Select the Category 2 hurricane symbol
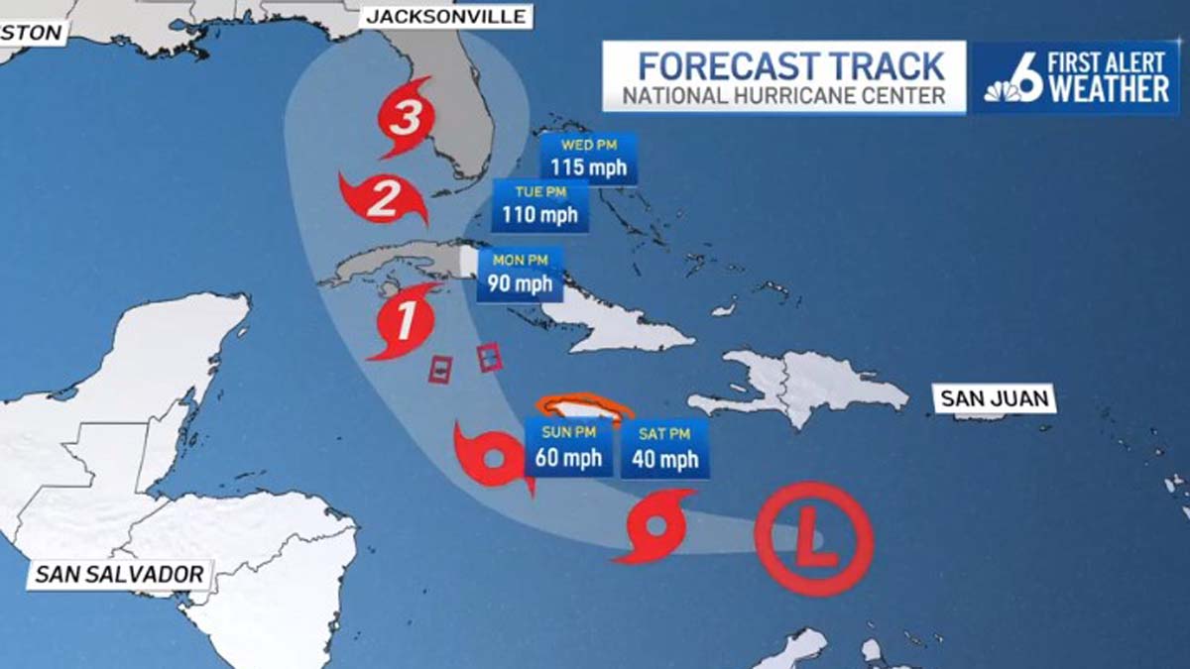point(383,198)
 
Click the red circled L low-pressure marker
point(813,537)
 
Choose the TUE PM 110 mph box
point(541,205)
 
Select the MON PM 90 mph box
point(520,275)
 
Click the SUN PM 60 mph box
point(568,448)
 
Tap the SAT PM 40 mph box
point(664,448)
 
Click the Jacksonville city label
point(448,16)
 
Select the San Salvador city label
point(119,574)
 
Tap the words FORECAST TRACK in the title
point(790,66)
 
